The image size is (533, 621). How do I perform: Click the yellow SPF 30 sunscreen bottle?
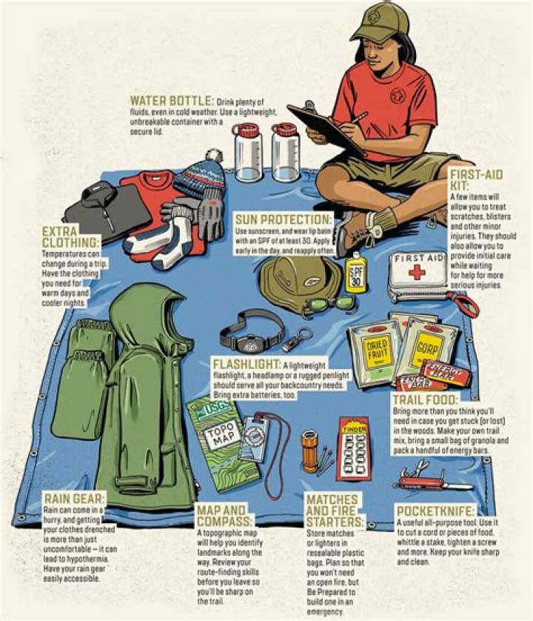[357, 273]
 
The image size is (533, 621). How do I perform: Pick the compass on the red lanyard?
[252, 438]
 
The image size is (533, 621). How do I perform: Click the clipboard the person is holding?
[326, 130]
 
